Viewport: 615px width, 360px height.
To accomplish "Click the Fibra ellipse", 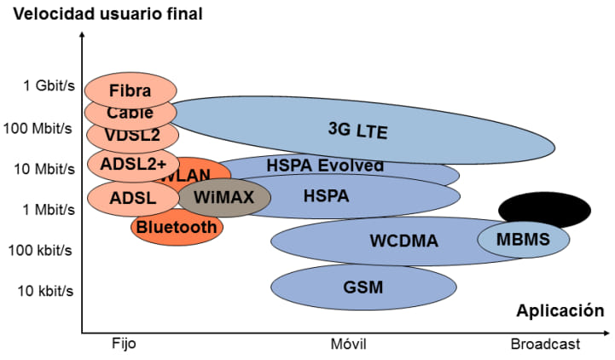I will tap(131, 90).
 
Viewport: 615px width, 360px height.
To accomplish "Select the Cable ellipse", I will tap(131, 113).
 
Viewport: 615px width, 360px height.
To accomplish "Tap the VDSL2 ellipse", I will tap(132, 135).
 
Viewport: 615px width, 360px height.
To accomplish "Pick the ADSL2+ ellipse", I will tap(133, 162).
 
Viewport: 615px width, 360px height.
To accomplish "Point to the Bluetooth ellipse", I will tap(177, 227).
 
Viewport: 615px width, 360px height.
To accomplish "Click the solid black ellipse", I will tap(544, 210).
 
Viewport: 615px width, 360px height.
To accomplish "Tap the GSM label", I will tap(363, 286).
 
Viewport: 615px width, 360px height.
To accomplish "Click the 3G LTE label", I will tap(357, 130).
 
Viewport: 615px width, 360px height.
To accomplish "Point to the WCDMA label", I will tap(403, 241).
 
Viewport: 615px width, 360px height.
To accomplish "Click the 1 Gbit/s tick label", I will tap(49, 85).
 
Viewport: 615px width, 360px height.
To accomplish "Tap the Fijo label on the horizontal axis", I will tap(124, 344).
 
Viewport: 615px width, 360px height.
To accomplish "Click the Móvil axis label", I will tap(348, 344).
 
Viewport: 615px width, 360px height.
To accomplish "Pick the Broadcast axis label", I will tap(545, 344).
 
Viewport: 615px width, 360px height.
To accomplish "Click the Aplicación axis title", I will tap(560, 311).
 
